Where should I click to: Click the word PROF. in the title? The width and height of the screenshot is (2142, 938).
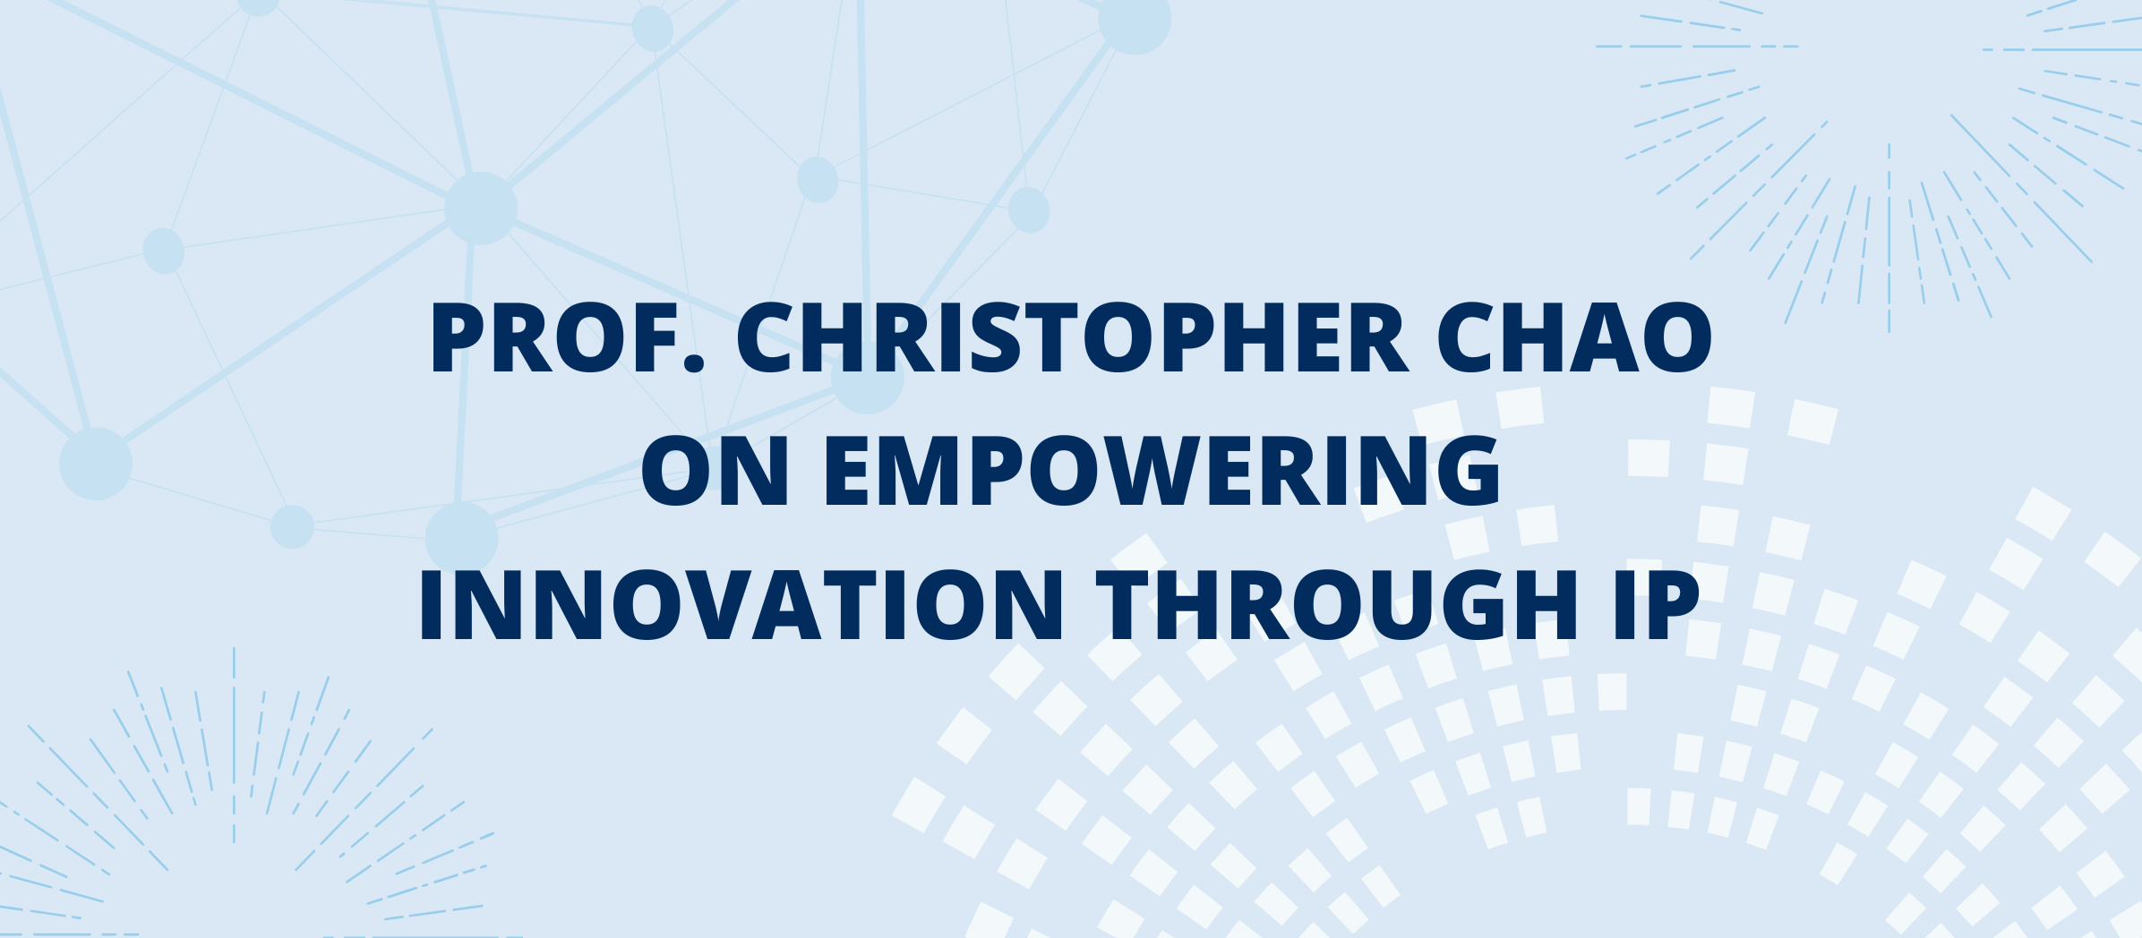[567, 337]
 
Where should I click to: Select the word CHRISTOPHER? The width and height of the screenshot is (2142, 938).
[1072, 337]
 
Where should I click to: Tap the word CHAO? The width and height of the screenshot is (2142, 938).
[1574, 337]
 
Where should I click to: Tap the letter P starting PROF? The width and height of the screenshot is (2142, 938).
[458, 337]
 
